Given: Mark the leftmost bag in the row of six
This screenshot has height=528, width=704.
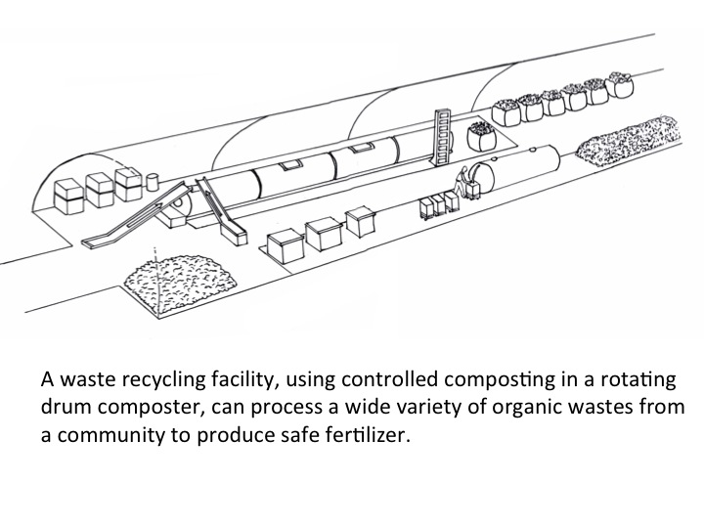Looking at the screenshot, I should point(506,110).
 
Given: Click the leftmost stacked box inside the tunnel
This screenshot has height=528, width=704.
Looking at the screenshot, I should point(67,194).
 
